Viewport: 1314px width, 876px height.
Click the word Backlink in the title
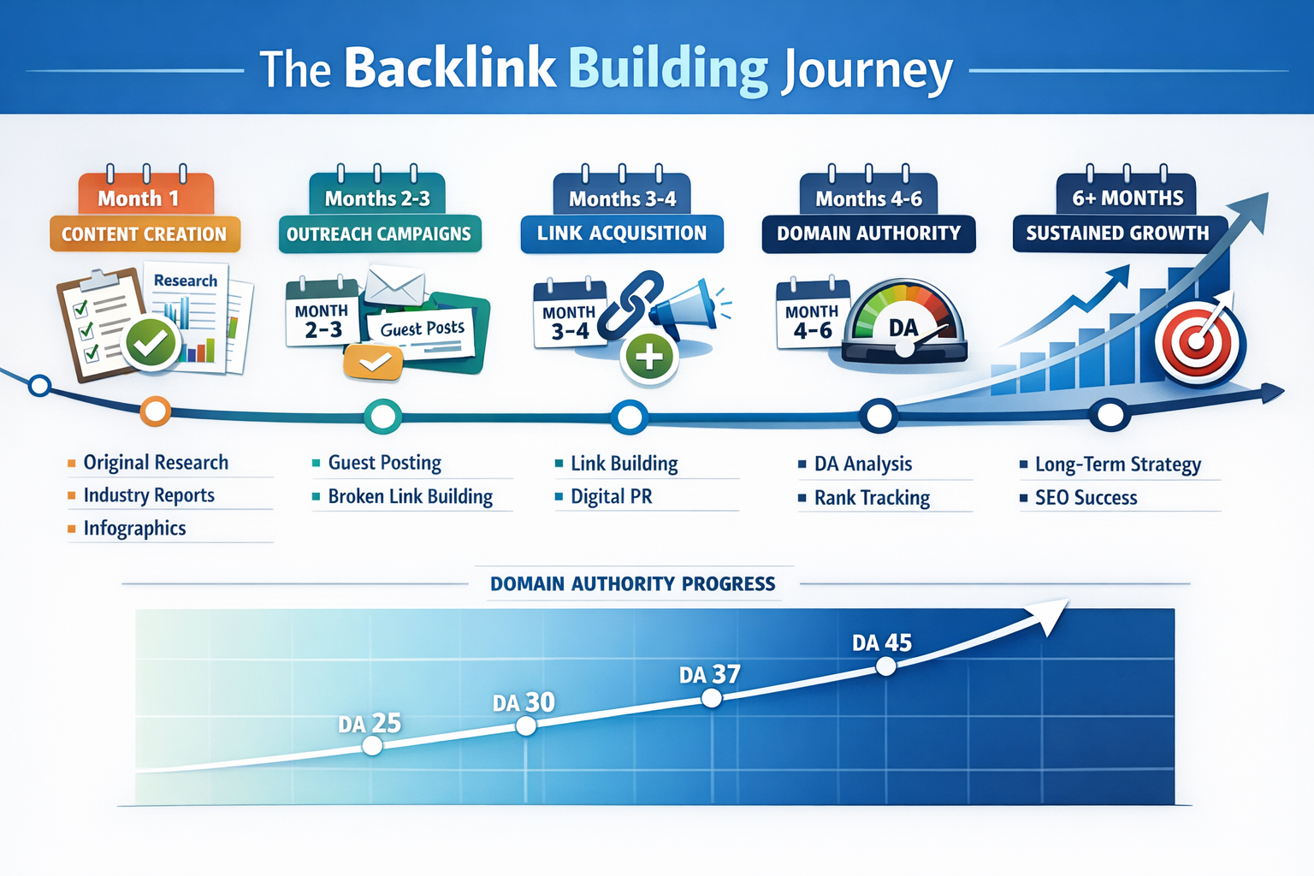point(450,68)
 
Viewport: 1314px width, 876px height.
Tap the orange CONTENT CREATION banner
point(145,234)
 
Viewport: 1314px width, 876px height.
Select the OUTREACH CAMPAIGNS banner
point(379,234)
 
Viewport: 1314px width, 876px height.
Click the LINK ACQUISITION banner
point(622,233)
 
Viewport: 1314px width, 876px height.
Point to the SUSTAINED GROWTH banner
point(1117,233)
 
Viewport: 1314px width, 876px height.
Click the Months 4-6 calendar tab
point(868,198)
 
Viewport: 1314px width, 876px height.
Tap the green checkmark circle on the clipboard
point(151,343)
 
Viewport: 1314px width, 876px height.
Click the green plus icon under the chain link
point(650,357)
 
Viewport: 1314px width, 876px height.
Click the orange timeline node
point(155,411)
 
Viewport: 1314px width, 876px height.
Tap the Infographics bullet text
point(134,528)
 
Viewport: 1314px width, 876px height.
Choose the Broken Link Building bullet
point(410,496)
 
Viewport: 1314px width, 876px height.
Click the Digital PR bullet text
point(611,496)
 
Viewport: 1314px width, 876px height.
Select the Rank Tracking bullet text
point(872,497)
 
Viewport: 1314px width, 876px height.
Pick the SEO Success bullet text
point(1086,497)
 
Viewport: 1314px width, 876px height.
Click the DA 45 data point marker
point(886,666)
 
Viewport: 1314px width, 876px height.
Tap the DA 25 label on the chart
point(370,724)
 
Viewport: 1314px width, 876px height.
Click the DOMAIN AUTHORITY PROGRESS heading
point(632,583)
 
